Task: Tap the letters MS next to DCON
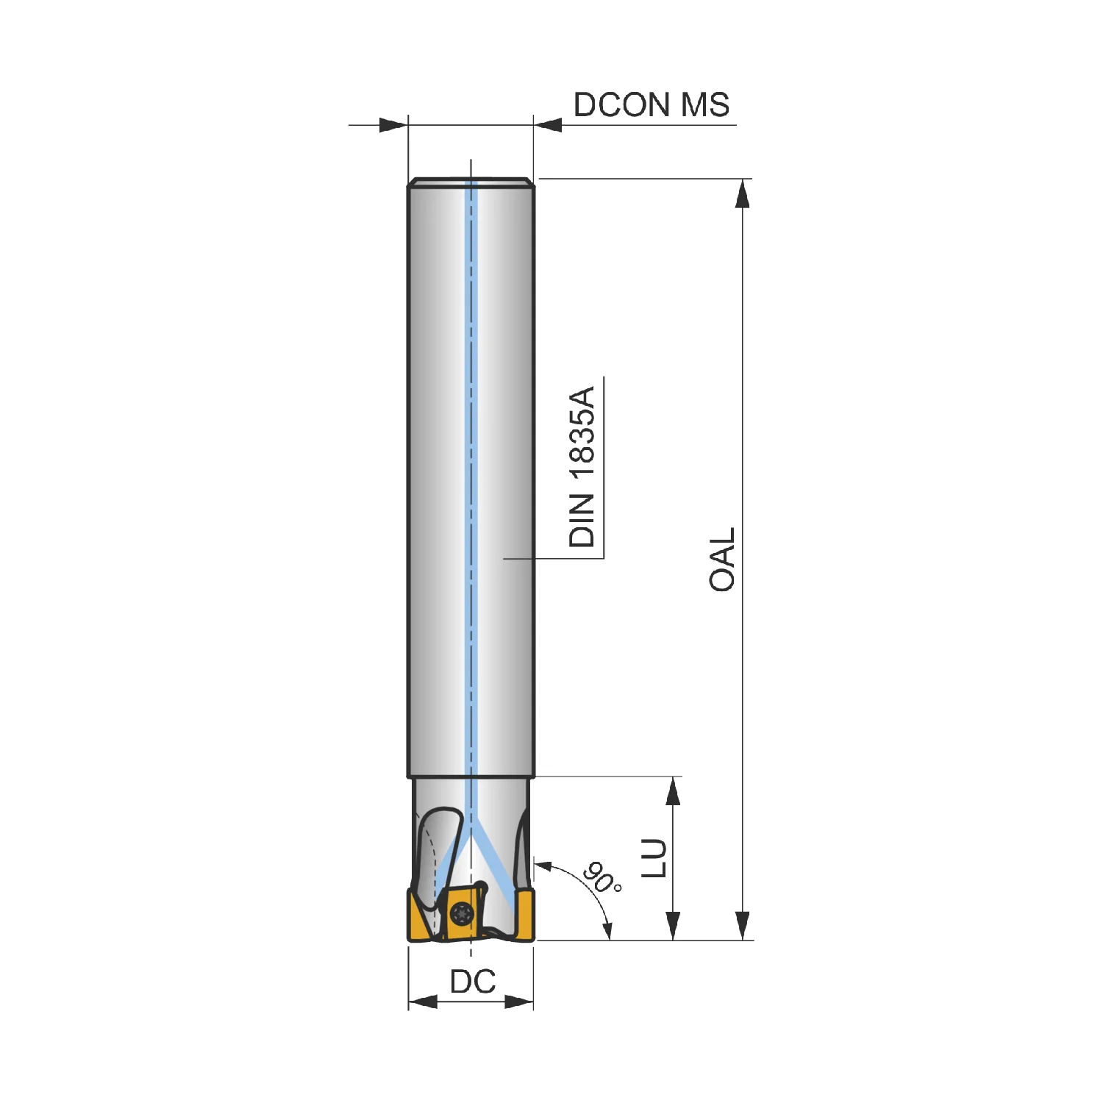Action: (x=705, y=105)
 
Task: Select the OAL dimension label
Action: (x=722, y=559)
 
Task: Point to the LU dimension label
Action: (x=654, y=857)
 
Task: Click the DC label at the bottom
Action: (x=473, y=982)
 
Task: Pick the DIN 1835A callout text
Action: (x=582, y=467)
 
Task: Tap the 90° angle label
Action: (x=602, y=877)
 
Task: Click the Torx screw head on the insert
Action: (x=461, y=914)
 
